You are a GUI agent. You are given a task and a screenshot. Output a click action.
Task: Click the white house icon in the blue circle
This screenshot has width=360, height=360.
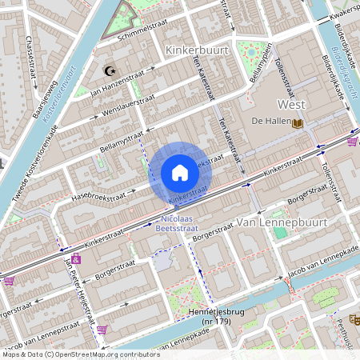[x=180, y=173]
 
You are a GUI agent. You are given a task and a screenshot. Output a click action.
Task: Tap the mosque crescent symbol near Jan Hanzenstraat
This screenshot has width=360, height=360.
[x=110, y=71]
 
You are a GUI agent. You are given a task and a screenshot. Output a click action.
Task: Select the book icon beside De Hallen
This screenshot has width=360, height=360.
[x=298, y=122]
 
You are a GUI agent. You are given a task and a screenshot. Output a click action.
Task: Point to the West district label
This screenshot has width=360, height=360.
[x=291, y=105]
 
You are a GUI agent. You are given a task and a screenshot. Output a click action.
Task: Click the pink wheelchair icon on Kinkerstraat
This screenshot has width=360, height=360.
[x=76, y=258]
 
